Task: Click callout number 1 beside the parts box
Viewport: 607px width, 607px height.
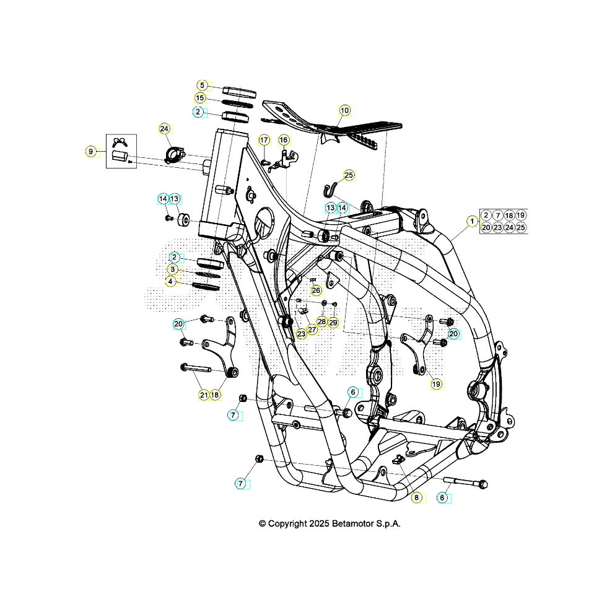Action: pyautogui.click(x=472, y=221)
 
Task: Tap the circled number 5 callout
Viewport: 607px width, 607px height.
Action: pyautogui.click(x=201, y=85)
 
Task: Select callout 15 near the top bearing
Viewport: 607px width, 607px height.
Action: pyautogui.click(x=200, y=98)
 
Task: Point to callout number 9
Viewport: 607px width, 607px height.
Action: pyautogui.click(x=91, y=151)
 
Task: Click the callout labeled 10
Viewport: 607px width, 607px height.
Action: pyautogui.click(x=344, y=111)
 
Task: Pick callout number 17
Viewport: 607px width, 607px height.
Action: pyautogui.click(x=264, y=140)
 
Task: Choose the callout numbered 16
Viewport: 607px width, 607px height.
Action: pyautogui.click(x=283, y=140)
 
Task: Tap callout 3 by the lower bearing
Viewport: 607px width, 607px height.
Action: pyautogui.click(x=173, y=269)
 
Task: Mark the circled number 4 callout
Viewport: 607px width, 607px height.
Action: pyautogui.click(x=170, y=281)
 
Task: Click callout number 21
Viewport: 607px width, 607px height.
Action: pyautogui.click(x=204, y=395)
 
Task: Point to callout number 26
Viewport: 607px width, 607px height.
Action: pyautogui.click(x=317, y=290)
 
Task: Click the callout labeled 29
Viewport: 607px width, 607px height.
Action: pyautogui.click(x=333, y=322)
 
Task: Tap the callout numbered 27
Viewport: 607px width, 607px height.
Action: pyautogui.click(x=312, y=330)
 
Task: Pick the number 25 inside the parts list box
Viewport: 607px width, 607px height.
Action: pyautogui.click(x=521, y=227)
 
